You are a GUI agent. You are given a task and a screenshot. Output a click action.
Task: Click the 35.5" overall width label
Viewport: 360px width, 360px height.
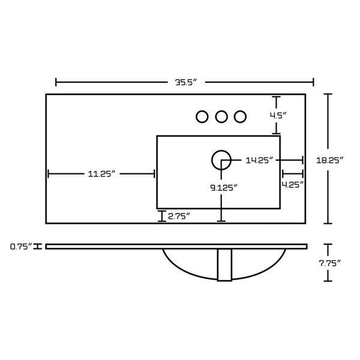(186, 82)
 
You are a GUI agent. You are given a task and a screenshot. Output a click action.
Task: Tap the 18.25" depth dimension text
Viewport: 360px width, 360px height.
(329, 160)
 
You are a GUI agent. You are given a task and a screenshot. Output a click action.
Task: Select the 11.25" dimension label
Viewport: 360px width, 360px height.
(101, 174)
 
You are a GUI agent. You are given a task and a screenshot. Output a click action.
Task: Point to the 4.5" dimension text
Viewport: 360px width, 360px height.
(278, 115)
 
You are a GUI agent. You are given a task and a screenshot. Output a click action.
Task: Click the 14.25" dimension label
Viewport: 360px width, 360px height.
(259, 160)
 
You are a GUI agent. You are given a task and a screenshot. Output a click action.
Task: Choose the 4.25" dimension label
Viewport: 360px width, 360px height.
(293, 185)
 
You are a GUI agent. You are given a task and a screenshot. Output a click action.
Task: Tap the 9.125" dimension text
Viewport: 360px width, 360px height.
(224, 188)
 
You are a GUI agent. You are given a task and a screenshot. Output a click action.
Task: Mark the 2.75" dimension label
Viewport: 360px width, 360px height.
(179, 216)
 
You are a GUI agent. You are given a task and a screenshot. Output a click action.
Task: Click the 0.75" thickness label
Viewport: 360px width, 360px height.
(21, 247)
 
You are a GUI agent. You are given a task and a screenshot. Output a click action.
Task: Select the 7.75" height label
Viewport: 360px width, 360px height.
(329, 263)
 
